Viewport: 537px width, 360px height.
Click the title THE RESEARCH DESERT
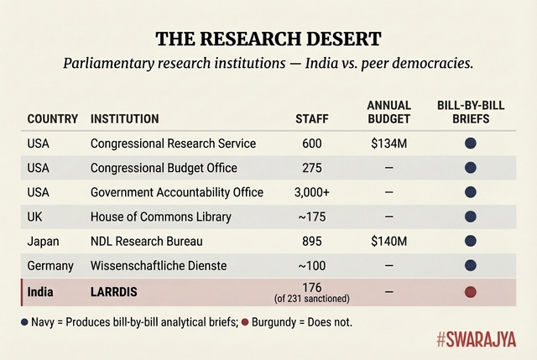click(268, 39)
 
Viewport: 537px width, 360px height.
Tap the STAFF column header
click(312, 119)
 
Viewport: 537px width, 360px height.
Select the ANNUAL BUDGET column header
click(389, 112)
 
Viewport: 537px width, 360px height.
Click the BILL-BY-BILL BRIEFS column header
click(470, 112)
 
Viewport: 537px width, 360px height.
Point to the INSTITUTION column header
click(126, 119)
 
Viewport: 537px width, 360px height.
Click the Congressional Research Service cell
click(173, 143)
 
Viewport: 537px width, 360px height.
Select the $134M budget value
click(389, 143)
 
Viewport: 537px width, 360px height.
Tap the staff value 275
click(312, 168)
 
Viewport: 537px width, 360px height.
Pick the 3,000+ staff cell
click(312, 192)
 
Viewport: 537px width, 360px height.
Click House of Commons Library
click(160, 217)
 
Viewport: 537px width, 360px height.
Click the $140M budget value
click(389, 242)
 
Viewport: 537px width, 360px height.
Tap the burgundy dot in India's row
click(471, 292)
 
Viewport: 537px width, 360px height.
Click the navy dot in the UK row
click(471, 217)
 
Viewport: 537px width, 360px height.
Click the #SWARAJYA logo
click(475, 340)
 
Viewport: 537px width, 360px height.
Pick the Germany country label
click(50, 266)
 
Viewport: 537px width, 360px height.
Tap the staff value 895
click(312, 242)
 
